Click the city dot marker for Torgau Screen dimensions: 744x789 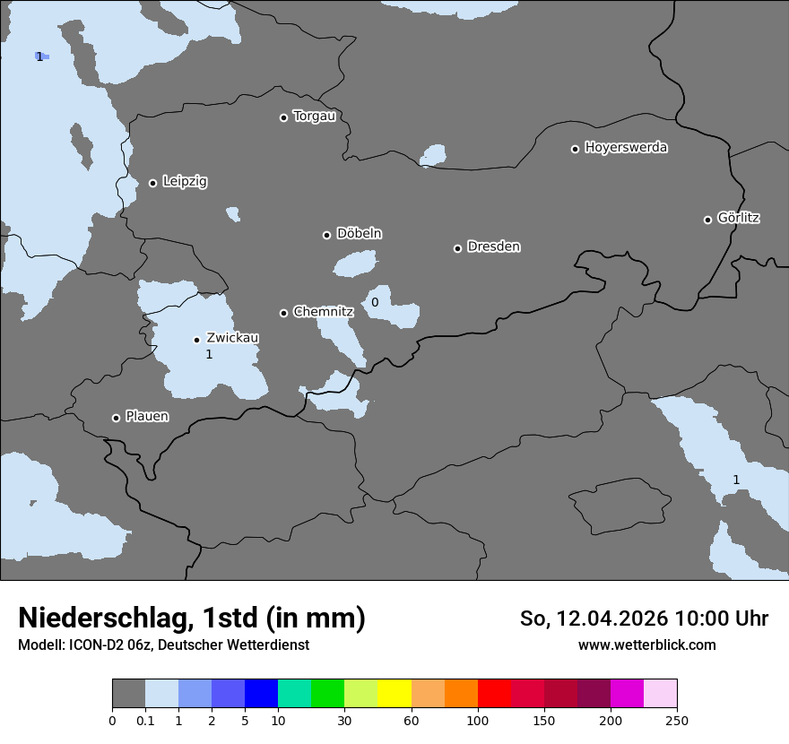coord(283,117)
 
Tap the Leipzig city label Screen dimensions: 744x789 coord(185,181)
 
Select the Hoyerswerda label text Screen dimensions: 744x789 coord(626,147)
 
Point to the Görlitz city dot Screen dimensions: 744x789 coord(707,220)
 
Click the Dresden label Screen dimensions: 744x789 coord(493,247)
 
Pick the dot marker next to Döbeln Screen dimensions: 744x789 coord(326,235)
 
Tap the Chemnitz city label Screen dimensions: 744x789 coord(323,312)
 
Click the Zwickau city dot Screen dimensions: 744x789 coord(196,340)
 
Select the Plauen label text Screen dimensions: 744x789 coord(147,416)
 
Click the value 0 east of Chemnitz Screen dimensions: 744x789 coord(375,302)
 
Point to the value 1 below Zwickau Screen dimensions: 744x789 coord(209,354)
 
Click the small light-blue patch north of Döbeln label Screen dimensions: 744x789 coord(233,214)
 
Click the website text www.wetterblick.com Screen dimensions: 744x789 coord(646,645)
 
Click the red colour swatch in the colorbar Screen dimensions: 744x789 coord(494,694)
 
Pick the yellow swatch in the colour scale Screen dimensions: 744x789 coord(394,694)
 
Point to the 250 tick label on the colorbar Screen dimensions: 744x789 coord(677,720)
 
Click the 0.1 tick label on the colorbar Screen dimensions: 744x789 coord(145,720)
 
